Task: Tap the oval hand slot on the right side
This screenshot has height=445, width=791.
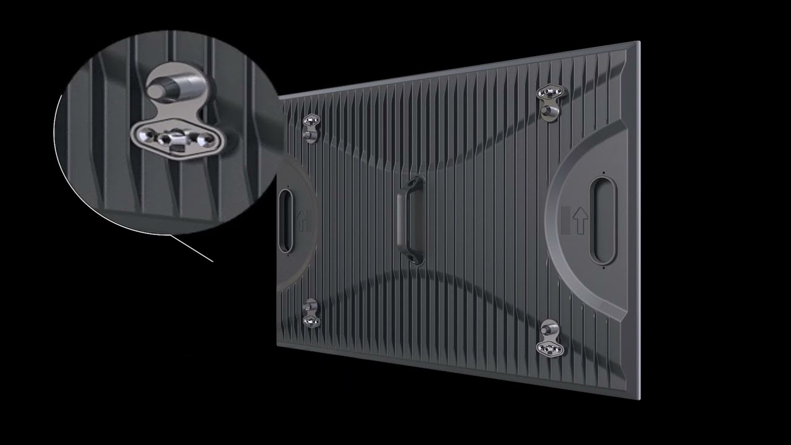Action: (x=603, y=220)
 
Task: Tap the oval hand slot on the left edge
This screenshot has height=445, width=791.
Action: (x=286, y=221)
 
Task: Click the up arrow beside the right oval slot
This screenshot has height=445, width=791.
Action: (x=580, y=221)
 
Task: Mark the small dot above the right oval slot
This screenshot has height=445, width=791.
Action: (x=604, y=172)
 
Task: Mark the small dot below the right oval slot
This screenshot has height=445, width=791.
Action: (x=603, y=268)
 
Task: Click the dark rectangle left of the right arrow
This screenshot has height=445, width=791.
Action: (x=564, y=221)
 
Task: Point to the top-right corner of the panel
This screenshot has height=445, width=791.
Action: (x=638, y=42)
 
